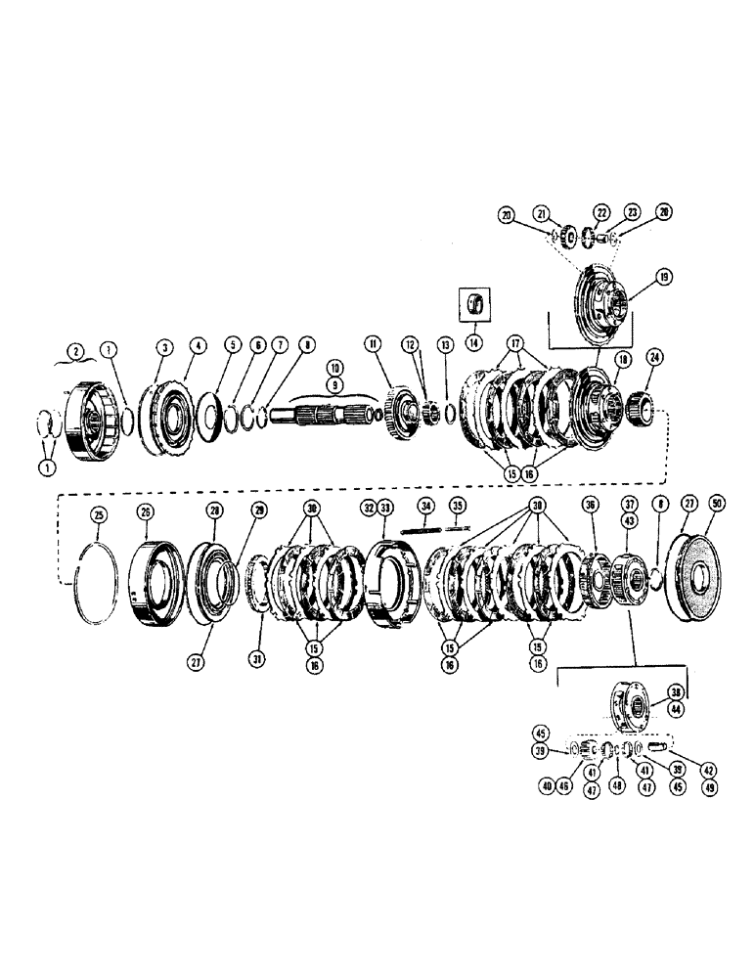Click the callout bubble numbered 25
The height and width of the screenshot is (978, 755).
[98, 514]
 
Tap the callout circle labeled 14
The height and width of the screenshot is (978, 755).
[474, 342]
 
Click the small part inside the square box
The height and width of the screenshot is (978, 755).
[475, 300]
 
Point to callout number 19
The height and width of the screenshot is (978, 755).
[664, 277]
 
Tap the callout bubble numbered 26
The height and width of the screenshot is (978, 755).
[146, 511]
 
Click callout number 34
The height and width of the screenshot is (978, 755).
[425, 507]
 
